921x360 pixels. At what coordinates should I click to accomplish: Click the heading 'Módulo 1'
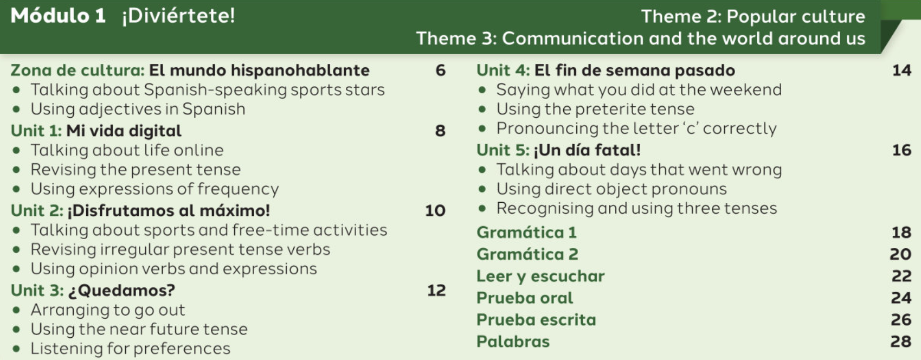point(58,15)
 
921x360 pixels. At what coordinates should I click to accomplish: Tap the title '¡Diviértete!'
point(178,15)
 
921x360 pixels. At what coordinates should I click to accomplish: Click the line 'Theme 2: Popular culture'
point(753,16)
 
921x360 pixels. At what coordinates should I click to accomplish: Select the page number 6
point(440,70)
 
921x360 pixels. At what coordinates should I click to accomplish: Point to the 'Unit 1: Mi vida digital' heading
point(96,131)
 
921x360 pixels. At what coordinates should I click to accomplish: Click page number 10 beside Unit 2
point(435,210)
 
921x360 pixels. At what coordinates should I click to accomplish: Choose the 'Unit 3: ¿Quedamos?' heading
point(93,291)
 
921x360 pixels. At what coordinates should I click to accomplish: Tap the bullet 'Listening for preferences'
point(130,349)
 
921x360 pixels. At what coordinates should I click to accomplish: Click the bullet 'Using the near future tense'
point(139,329)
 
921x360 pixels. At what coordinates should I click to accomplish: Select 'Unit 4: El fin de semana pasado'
point(606,70)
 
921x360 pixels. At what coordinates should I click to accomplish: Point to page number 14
point(901,70)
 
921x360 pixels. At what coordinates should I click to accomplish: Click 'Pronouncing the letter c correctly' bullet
point(636,128)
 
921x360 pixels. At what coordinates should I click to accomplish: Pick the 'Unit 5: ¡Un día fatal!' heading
point(558,150)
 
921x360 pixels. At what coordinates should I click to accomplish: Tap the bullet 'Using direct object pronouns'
point(611,189)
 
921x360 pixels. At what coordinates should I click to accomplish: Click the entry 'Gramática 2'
point(527,254)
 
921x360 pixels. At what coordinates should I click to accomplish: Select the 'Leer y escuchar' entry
point(540,276)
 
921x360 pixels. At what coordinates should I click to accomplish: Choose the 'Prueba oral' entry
point(524,298)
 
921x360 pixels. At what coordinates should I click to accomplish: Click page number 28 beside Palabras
point(900,342)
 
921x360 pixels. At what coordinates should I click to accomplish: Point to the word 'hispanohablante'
point(300,70)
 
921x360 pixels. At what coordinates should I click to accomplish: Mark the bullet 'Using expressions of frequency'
point(154,189)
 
